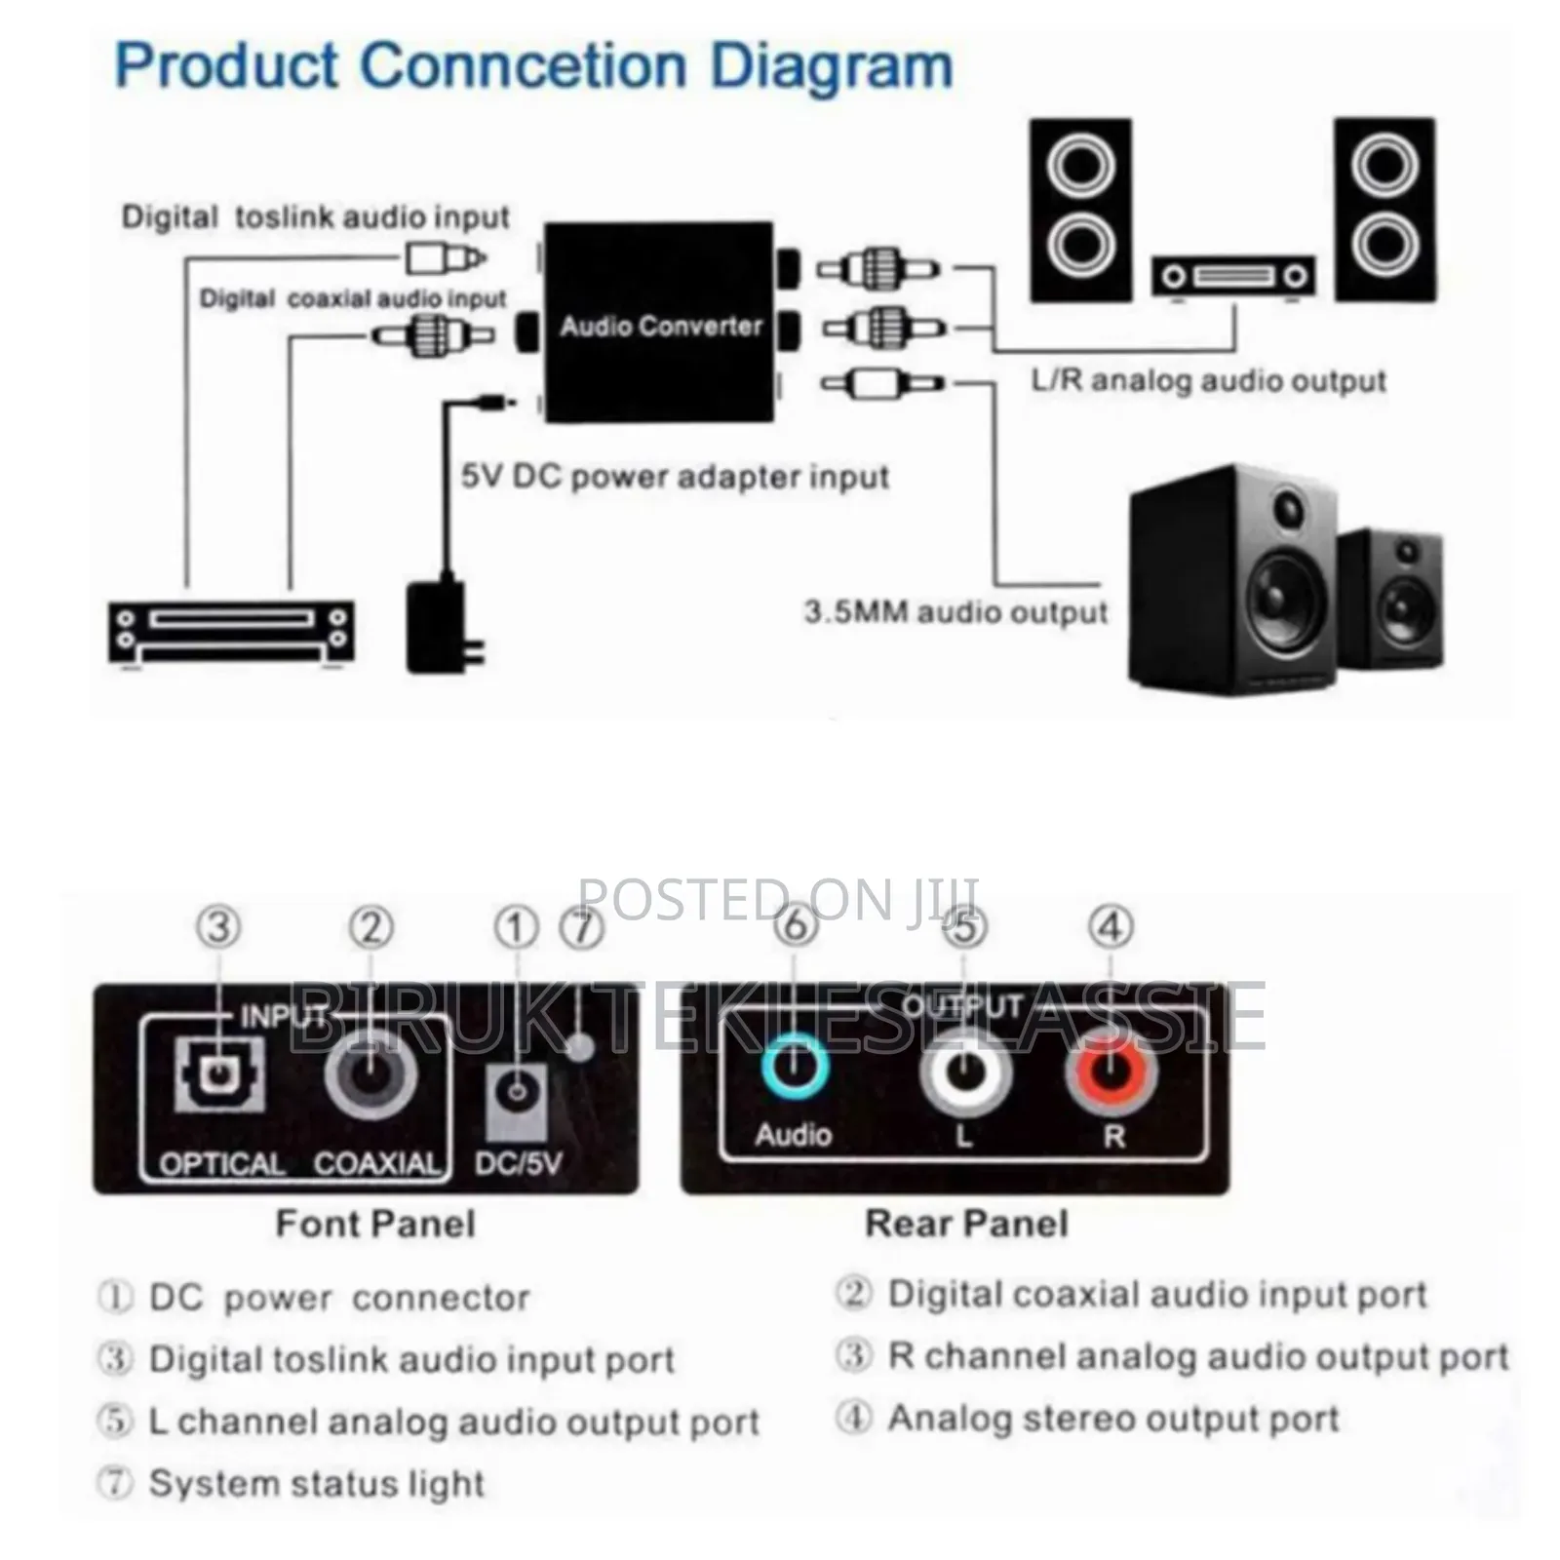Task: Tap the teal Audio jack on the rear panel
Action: (795, 1066)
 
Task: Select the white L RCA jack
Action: (964, 1072)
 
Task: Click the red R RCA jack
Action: (1111, 1072)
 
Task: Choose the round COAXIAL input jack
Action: (370, 1074)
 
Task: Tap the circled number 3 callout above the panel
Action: (218, 927)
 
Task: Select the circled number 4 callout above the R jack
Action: (1111, 926)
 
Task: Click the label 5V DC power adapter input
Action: (675, 477)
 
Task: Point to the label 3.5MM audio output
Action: (955, 612)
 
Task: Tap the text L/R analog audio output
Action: (1208, 380)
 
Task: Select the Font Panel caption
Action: (375, 1224)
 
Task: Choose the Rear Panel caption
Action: (966, 1224)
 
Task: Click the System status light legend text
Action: (316, 1483)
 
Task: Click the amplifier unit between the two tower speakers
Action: (1233, 277)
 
